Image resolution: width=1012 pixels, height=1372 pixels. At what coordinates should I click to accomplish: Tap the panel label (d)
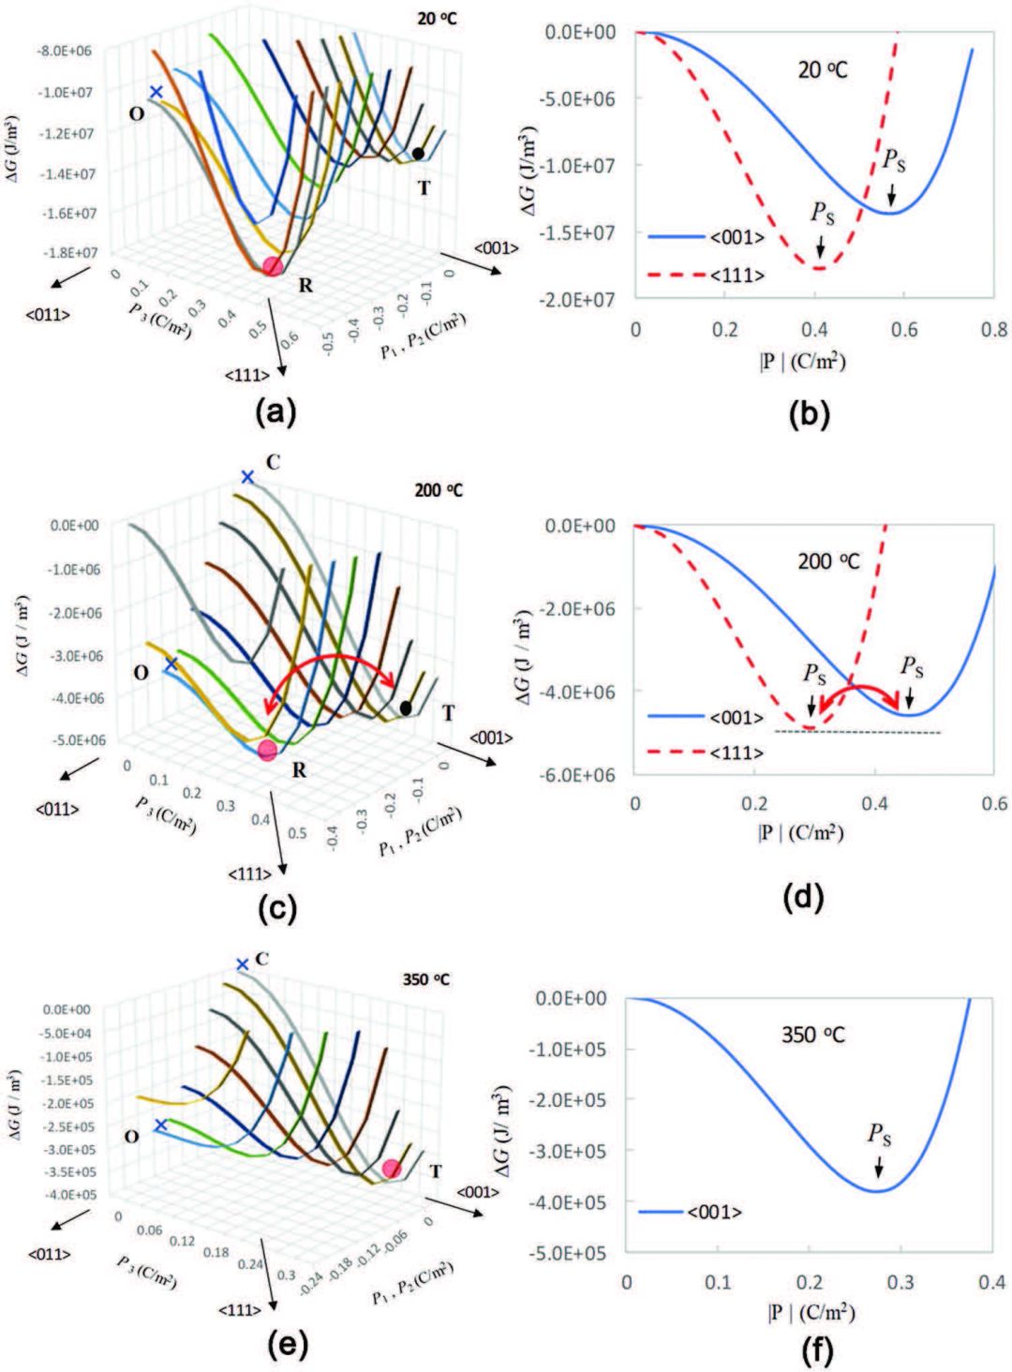pyautogui.click(x=803, y=897)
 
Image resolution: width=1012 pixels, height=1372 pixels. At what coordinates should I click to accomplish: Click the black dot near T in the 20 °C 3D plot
pyautogui.click(x=418, y=153)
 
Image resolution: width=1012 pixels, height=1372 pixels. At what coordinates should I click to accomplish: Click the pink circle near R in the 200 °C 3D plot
pyautogui.click(x=268, y=749)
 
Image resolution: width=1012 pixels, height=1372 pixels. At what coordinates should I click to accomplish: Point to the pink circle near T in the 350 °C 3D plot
pyautogui.click(x=392, y=1168)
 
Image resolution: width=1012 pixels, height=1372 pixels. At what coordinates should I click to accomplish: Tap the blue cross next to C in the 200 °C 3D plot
pyautogui.click(x=247, y=477)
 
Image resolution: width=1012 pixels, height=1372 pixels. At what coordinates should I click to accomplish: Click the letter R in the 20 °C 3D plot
pyautogui.click(x=305, y=285)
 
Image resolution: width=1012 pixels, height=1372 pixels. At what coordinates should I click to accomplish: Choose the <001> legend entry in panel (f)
pyautogui.click(x=714, y=1212)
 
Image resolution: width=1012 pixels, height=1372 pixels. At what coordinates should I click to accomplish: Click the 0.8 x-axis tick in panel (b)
pyautogui.click(x=994, y=330)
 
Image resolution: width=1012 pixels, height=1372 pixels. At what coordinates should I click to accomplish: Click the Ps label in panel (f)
pyautogui.click(x=879, y=1137)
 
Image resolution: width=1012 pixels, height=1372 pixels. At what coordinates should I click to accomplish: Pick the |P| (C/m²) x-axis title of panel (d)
pyautogui.click(x=801, y=831)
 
